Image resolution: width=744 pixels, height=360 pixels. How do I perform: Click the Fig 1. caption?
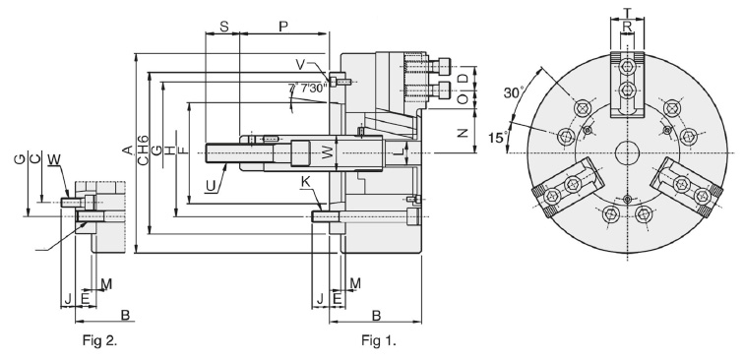pos(379,340)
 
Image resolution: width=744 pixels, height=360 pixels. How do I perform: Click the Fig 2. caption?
pos(99,340)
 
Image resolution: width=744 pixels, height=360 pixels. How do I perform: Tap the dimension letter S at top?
pos(224,27)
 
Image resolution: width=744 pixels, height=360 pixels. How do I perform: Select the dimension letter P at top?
pos(283,27)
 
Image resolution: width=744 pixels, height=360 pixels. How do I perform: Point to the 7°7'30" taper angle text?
pos(308,89)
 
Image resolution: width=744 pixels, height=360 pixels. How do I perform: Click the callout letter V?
pos(301,64)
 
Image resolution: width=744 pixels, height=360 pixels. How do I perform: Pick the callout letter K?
pos(306,181)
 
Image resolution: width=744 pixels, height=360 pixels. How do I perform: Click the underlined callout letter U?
pos(211,187)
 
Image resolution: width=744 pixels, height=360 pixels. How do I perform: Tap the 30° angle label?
pos(513,93)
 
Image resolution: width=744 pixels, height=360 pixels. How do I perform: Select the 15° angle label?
pos(498,138)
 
